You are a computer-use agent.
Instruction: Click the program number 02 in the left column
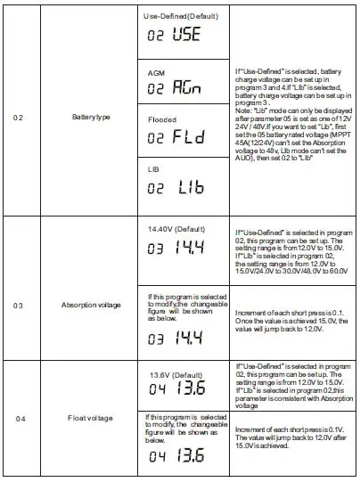[x=20, y=115]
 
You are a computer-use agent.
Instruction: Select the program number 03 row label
[x=20, y=304]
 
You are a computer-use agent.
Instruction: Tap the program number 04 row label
[x=20, y=417]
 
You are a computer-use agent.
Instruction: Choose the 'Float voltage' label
[x=91, y=417]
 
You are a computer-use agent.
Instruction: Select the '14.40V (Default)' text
[x=176, y=229]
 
